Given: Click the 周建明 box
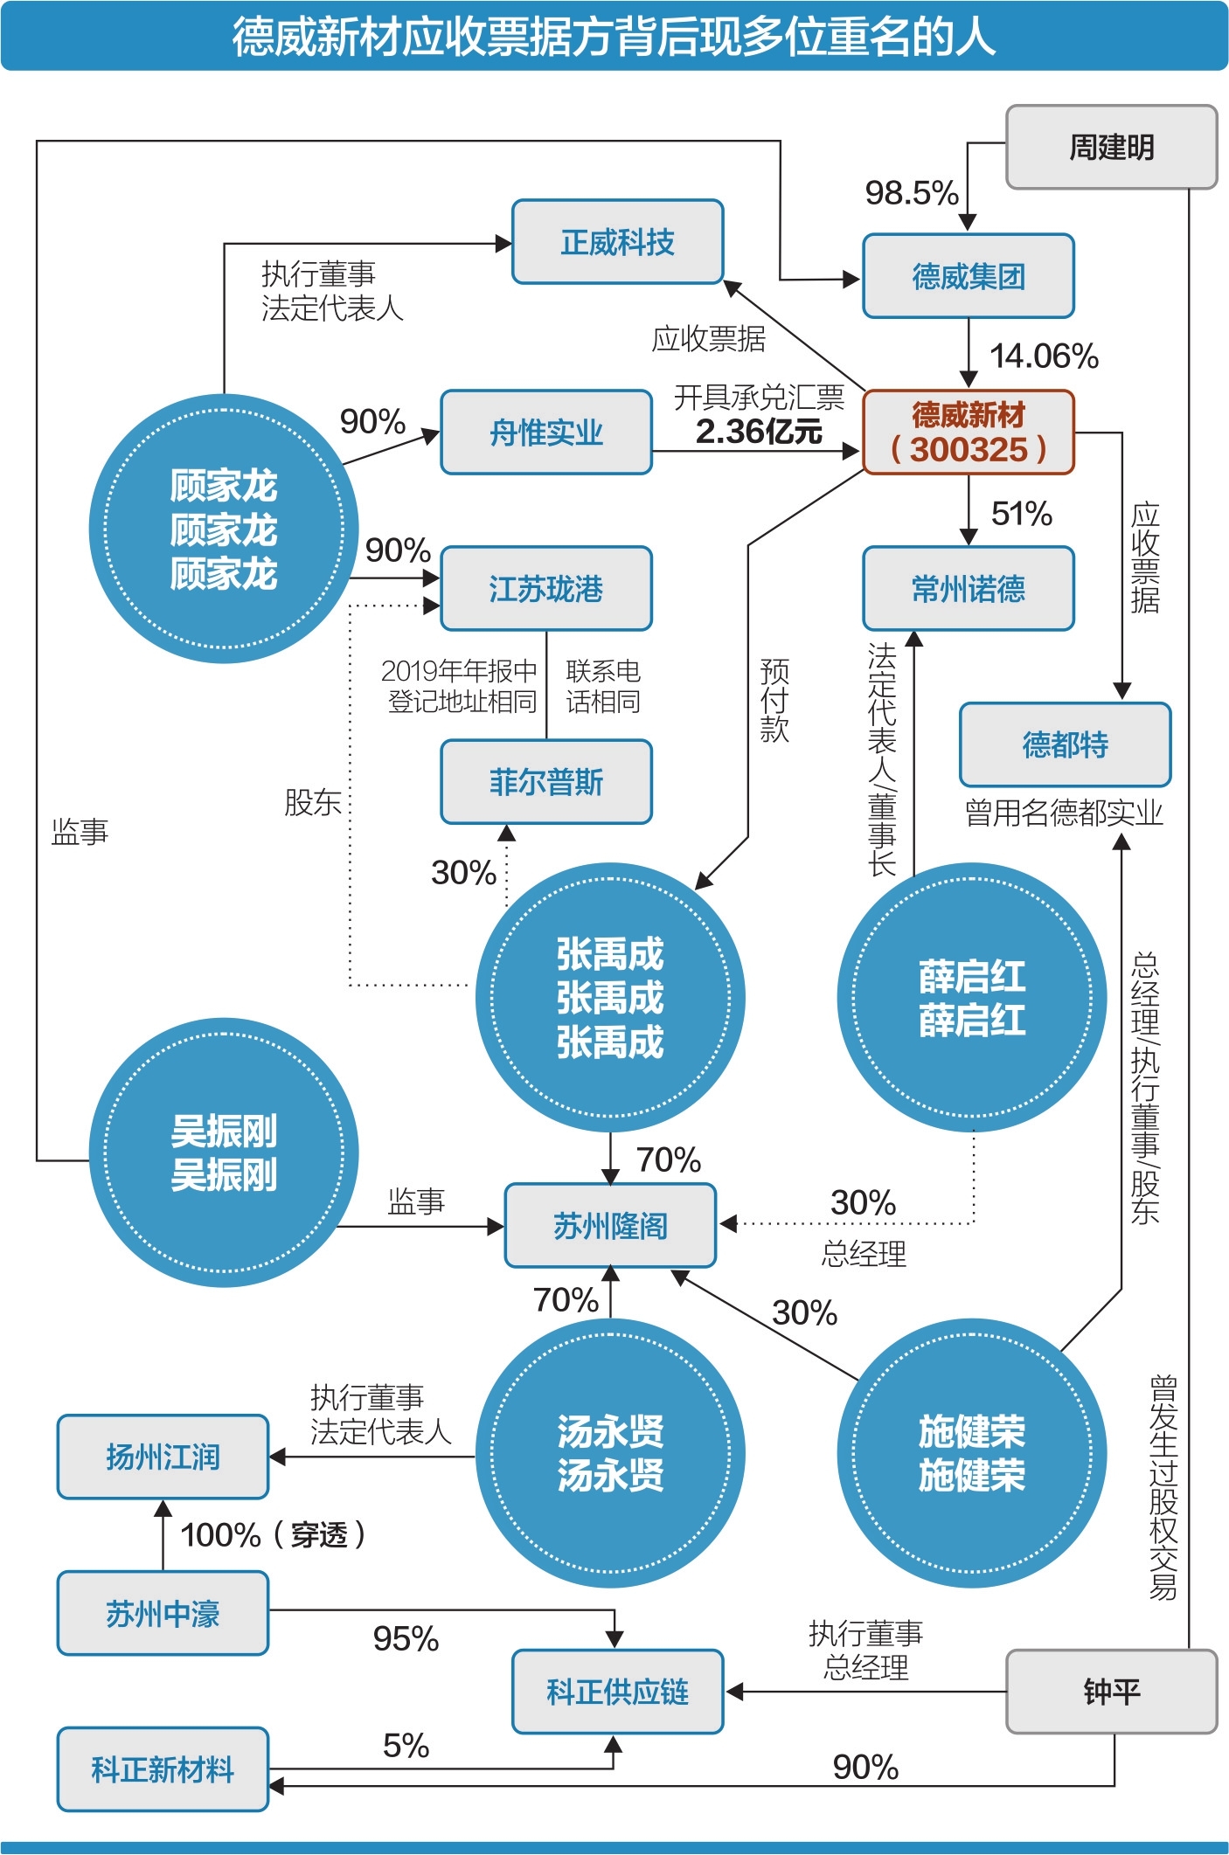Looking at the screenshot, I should [x=1111, y=147].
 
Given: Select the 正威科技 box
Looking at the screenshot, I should [x=617, y=242].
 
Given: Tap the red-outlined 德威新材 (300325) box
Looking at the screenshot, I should [x=968, y=433].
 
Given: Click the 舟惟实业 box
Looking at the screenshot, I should [x=546, y=433].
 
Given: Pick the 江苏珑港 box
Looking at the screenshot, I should [x=546, y=589].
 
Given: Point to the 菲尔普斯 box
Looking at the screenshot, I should [x=546, y=782].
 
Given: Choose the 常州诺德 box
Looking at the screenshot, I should [x=968, y=589].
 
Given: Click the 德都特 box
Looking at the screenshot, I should [x=1065, y=744].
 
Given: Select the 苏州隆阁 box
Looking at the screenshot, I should [x=610, y=1226].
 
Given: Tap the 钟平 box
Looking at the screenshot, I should [x=1111, y=1692].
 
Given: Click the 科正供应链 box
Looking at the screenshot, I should [x=617, y=1692].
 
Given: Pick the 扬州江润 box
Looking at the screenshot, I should [x=163, y=1457].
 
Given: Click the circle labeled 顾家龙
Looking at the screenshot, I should [x=223, y=530].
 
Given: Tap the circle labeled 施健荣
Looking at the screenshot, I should [x=971, y=1453].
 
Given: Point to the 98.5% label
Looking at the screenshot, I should [x=911, y=193].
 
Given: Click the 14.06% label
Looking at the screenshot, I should [x=1043, y=356].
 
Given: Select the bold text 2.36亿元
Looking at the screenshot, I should [x=758, y=432].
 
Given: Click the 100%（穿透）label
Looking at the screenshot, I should [x=272, y=1534].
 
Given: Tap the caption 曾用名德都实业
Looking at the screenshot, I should [x=1064, y=813].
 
